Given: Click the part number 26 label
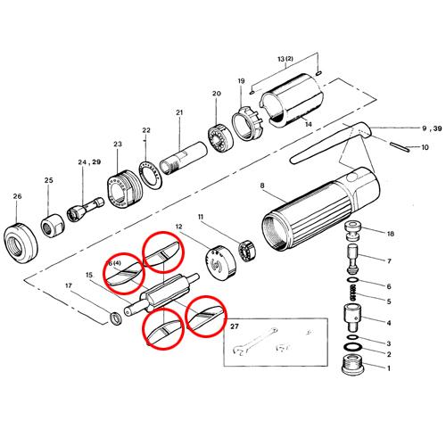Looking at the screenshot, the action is [x=17, y=196].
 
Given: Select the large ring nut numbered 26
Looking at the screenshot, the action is [x=21, y=244].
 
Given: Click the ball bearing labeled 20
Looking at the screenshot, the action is [x=219, y=137].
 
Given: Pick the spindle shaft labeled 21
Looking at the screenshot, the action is [x=183, y=159].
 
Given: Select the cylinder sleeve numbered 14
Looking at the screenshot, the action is [x=291, y=102].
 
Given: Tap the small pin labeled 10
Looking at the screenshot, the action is [x=401, y=147].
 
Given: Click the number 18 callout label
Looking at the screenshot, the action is [x=391, y=234].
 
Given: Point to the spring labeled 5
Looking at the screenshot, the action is [x=352, y=293].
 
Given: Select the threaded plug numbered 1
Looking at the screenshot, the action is [x=354, y=365].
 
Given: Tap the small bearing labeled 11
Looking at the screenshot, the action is [x=248, y=252].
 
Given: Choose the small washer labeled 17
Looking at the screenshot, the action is [x=116, y=319].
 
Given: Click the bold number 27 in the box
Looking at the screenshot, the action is [x=235, y=326].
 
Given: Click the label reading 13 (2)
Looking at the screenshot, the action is [x=285, y=59].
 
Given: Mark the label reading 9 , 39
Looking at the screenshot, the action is [x=432, y=128].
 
